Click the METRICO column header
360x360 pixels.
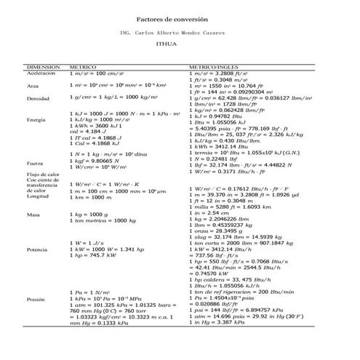click(x=81, y=66)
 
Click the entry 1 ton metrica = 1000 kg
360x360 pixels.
click(x=100, y=220)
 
